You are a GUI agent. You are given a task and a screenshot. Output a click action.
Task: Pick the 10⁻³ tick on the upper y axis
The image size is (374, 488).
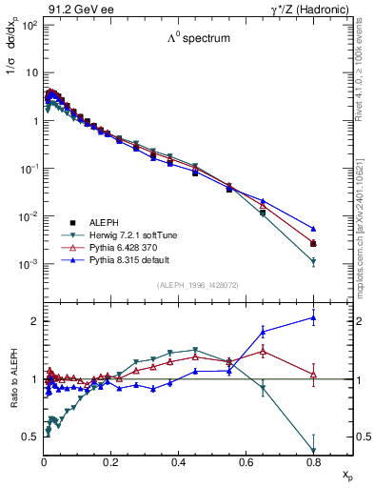[x=28, y=264]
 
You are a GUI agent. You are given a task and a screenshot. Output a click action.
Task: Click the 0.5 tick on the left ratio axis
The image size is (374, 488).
[x=30, y=437]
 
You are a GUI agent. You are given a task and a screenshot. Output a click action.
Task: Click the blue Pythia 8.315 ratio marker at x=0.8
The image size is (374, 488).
[x=313, y=318]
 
